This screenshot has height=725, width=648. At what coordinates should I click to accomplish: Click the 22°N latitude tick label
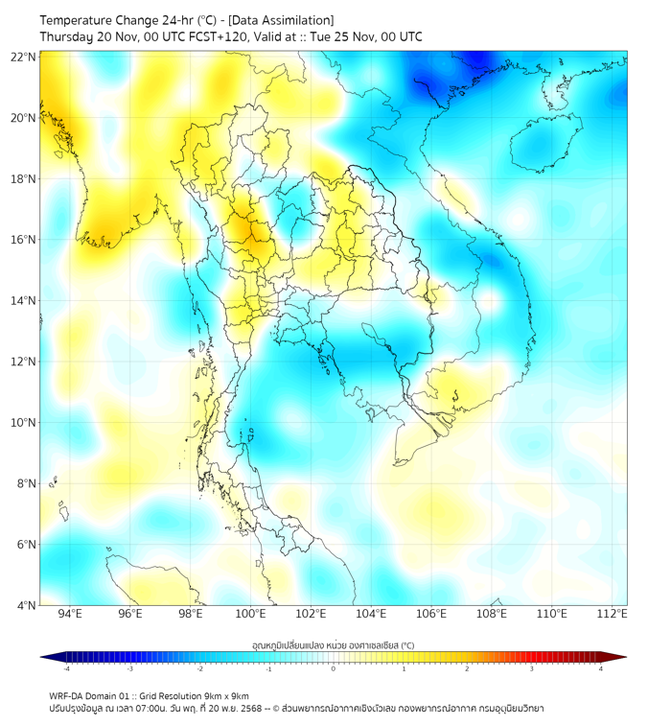click(x=24, y=57)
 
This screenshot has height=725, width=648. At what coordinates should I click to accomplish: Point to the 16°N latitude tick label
click(x=24, y=240)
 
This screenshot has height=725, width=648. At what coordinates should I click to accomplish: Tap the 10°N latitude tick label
click(x=24, y=422)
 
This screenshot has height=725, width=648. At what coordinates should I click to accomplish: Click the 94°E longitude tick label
click(x=70, y=614)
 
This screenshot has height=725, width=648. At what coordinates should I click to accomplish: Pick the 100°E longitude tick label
click(x=251, y=614)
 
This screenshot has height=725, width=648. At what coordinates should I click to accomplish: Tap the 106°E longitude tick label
click(x=431, y=614)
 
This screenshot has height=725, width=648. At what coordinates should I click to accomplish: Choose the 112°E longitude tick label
click(x=612, y=614)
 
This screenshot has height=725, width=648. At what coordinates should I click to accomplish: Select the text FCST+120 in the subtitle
click(x=209, y=36)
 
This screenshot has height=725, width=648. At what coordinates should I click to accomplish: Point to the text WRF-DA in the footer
click(x=66, y=695)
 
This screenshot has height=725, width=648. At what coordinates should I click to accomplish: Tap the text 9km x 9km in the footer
click(x=223, y=695)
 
